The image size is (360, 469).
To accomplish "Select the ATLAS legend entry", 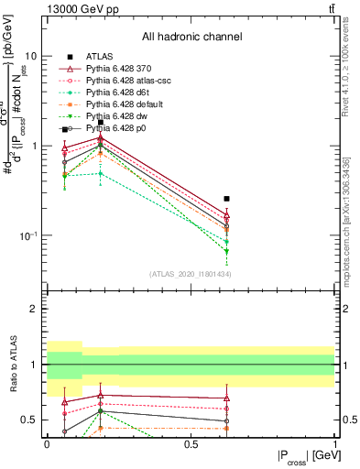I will pos(100,57).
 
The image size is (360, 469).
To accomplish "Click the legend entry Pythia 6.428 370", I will pos(122,69).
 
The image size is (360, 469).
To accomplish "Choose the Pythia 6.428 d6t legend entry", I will pos(121,93).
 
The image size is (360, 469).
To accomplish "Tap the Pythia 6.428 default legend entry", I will pos(128,105).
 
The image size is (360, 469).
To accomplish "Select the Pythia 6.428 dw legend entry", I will pos(120,117).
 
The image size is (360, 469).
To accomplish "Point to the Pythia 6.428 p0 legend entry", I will pos(120,129).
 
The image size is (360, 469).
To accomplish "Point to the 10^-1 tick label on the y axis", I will pos(30,235).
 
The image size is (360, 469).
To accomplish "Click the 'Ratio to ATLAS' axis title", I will pos(13,364).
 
